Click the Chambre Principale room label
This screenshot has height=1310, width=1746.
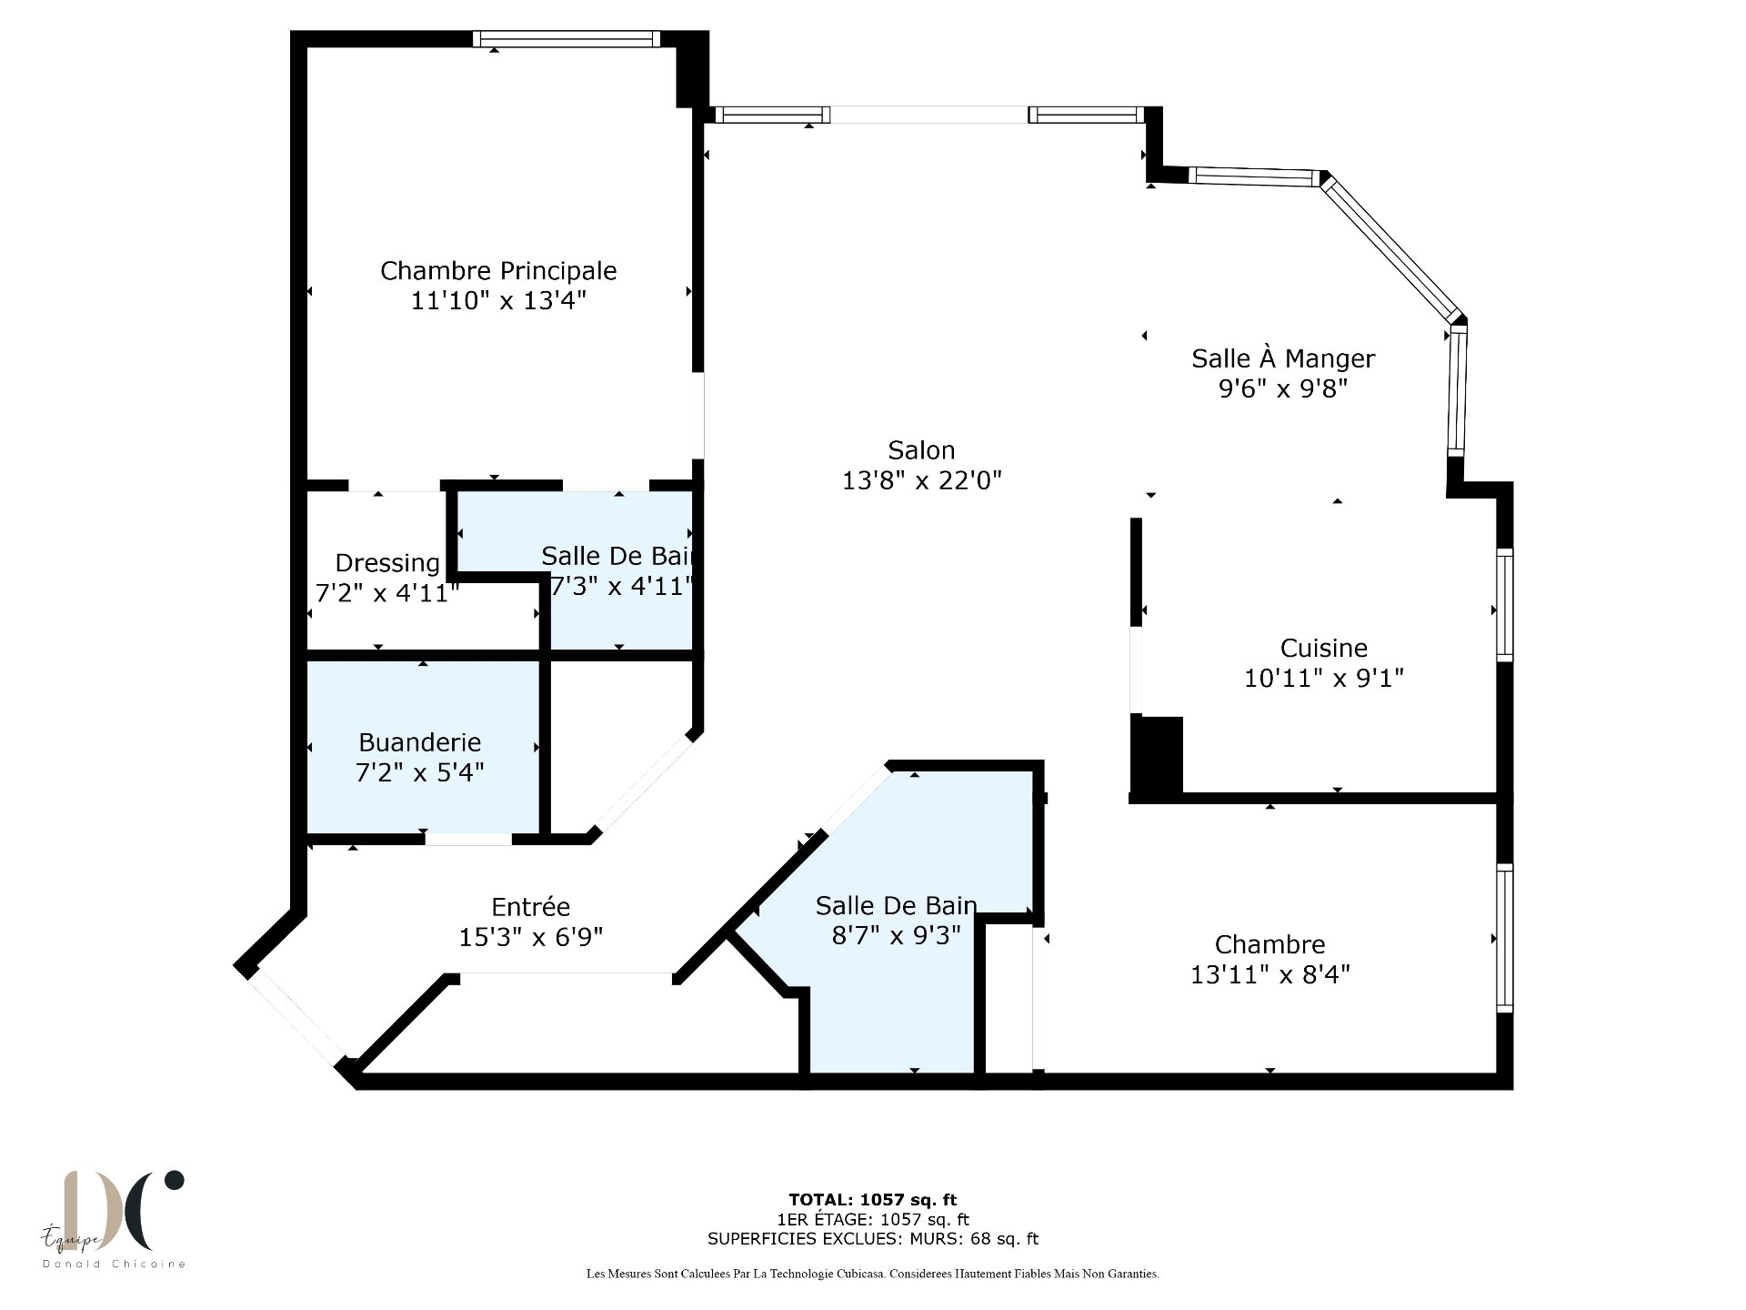pyautogui.click(x=498, y=271)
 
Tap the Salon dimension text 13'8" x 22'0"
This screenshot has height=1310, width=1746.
pyautogui.click(x=921, y=480)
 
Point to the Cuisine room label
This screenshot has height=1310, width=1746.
pyautogui.click(x=1323, y=648)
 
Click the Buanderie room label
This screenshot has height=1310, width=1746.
pyautogui.click(x=419, y=742)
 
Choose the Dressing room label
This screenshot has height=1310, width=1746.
pyautogui.click(x=387, y=564)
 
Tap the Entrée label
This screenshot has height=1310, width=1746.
pyautogui.click(x=530, y=906)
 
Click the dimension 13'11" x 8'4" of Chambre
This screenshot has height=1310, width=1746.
pyautogui.click(x=1269, y=974)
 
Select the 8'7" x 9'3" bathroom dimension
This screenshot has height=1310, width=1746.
pyautogui.click(x=896, y=935)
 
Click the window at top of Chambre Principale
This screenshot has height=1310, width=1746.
pyautogui.click(x=567, y=39)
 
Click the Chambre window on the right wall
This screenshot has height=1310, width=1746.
pyautogui.click(x=1505, y=938)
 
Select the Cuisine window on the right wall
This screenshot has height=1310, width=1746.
pyautogui.click(x=1505, y=604)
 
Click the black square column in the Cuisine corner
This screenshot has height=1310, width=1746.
pyautogui.click(x=1156, y=755)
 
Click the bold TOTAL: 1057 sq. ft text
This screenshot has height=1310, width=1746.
pyautogui.click(x=872, y=1200)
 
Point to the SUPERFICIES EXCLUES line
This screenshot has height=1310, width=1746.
pyautogui.click(x=872, y=1239)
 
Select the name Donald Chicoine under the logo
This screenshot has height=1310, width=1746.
pyautogui.click(x=115, y=1264)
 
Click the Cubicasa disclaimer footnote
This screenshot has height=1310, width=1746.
pyautogui.click(x=872, y=1275)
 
